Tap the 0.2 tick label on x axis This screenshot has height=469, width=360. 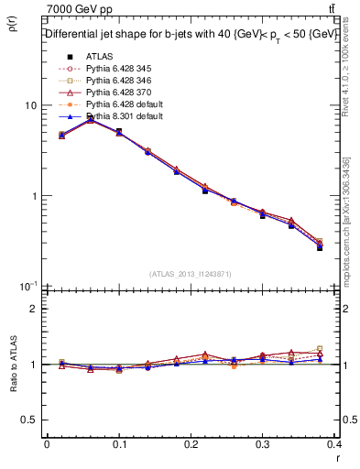coord(191,445)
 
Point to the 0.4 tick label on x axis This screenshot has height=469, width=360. coord(336,445)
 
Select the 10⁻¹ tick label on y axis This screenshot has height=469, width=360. coord(28,286)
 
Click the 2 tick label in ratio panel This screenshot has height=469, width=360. coord(34,309)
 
